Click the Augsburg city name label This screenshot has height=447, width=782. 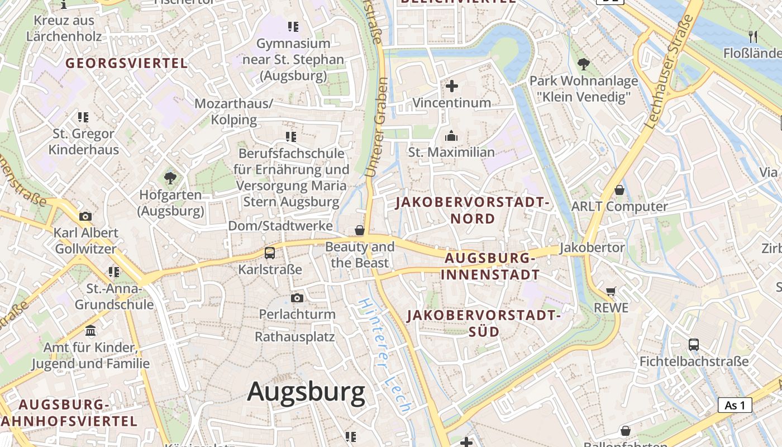coord(306,392)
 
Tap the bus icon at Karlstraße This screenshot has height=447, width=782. coord(270,253)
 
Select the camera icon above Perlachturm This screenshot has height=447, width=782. coord(297,298)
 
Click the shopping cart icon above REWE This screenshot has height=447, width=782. coord(611,291)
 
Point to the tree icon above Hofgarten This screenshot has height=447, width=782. coord(170,178)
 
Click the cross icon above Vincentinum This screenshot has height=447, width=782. coord(452,86)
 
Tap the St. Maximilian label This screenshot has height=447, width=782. coord(451,152)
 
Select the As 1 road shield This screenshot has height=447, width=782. coord(735,405)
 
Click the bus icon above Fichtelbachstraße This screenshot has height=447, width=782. coord(694,345)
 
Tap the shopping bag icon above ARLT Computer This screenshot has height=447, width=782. coord(619,190)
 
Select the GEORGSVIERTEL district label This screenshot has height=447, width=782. coord(127,63)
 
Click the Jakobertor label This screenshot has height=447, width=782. coord(592,247)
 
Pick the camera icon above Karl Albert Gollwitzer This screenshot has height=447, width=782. coord(85,216)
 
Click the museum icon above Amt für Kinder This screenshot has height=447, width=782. coord(90,331)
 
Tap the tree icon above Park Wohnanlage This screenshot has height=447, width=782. coord(584,64)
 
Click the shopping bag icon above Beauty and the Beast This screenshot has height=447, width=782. coord(360,230)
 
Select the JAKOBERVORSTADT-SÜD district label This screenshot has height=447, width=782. coord(483,323)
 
